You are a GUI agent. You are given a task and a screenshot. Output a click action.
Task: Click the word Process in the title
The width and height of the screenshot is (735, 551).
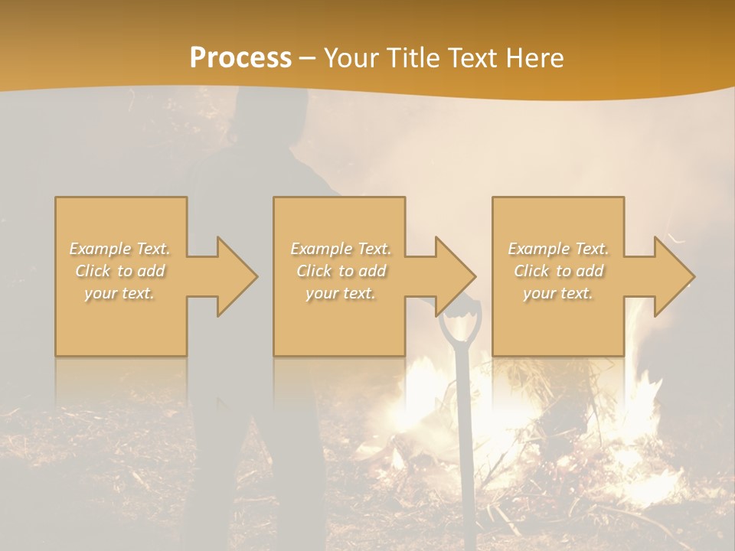240,58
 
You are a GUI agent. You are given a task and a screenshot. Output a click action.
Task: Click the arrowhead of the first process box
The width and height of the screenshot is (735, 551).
236,276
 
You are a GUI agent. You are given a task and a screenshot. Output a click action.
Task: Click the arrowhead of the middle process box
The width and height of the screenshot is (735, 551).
454,276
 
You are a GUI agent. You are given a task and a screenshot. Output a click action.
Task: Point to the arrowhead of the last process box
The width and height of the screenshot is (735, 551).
673,276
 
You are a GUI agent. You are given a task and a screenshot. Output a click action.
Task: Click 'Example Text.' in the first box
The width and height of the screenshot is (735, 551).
120,249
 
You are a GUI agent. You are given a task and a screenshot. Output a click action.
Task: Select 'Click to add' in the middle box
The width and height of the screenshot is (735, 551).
341,271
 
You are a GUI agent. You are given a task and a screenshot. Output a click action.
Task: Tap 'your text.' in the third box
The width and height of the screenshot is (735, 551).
558,293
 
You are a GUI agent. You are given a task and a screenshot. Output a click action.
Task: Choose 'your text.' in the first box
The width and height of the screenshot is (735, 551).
120,293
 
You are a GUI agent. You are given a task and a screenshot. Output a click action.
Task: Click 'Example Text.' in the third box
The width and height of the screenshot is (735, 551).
558,249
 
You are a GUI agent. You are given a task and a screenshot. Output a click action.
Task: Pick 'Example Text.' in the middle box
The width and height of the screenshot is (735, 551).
341,249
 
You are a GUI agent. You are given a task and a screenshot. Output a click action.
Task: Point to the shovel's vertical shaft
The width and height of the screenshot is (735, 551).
463,429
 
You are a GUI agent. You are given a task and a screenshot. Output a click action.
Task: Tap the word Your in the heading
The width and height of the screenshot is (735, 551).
351,58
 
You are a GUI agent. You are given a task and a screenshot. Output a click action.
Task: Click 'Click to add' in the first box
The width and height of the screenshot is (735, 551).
120,271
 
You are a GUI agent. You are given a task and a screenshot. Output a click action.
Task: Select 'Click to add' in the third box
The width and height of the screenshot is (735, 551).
558,271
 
